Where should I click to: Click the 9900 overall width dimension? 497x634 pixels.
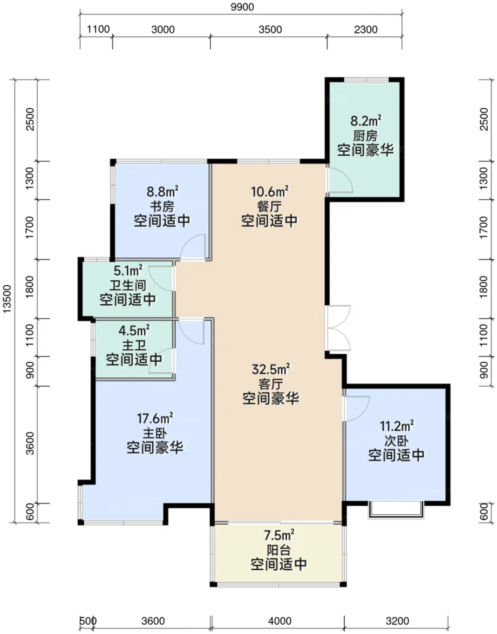[x=242, y=7]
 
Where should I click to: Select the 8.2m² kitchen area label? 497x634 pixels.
[x=366, y=120]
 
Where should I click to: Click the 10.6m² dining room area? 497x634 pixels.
[x=270, y=192]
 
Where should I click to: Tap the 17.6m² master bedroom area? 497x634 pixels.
[x=154, y=418]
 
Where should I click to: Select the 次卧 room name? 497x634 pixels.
[x=396, y=441]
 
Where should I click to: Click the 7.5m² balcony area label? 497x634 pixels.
[x=279, y=535]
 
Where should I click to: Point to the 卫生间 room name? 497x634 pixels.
[x=128, y=285]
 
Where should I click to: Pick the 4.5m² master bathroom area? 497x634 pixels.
[x=134, y=331]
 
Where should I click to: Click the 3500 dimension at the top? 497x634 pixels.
[x=270, y=29]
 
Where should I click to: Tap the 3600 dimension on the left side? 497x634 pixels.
[x=30, y=443]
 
